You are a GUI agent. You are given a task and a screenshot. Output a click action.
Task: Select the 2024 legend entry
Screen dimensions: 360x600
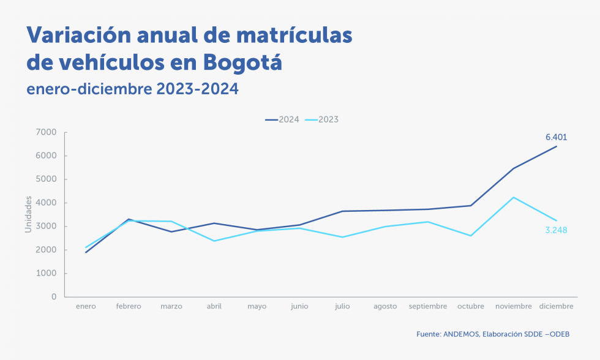[282, 119]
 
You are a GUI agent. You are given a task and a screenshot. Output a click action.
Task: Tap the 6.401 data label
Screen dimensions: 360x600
[556, 137]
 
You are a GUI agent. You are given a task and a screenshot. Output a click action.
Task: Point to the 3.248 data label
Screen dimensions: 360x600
[556, 230]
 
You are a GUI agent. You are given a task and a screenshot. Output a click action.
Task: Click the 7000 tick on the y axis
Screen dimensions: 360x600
[47, 132]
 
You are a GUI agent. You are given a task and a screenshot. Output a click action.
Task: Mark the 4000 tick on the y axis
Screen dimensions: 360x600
[47, 203]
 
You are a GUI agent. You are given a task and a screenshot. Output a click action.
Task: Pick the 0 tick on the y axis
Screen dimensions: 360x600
[54, 297]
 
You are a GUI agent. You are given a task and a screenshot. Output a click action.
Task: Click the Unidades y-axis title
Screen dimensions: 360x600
[28, 214]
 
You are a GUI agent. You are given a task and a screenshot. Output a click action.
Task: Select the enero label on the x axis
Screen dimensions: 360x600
[86, 306]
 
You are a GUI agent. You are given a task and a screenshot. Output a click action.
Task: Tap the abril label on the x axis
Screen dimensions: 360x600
[214, 306]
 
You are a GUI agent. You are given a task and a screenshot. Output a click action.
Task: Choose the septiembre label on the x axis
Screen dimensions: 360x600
[428, 306]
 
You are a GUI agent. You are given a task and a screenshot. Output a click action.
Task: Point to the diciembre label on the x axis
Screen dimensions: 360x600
[557, 306]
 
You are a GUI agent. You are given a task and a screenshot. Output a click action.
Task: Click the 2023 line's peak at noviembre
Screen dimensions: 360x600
[514, 197]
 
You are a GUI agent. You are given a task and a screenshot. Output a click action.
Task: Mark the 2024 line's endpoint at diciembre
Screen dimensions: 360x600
[557, 146]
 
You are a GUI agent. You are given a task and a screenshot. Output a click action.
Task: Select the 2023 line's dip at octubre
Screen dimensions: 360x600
[471, 236]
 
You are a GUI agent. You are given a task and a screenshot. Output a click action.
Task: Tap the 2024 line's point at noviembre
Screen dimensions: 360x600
[514, 168]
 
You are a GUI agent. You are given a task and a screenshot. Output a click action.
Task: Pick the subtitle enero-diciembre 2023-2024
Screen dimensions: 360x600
[132, 89]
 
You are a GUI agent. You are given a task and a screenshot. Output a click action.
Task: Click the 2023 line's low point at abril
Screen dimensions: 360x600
[214, 241]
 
